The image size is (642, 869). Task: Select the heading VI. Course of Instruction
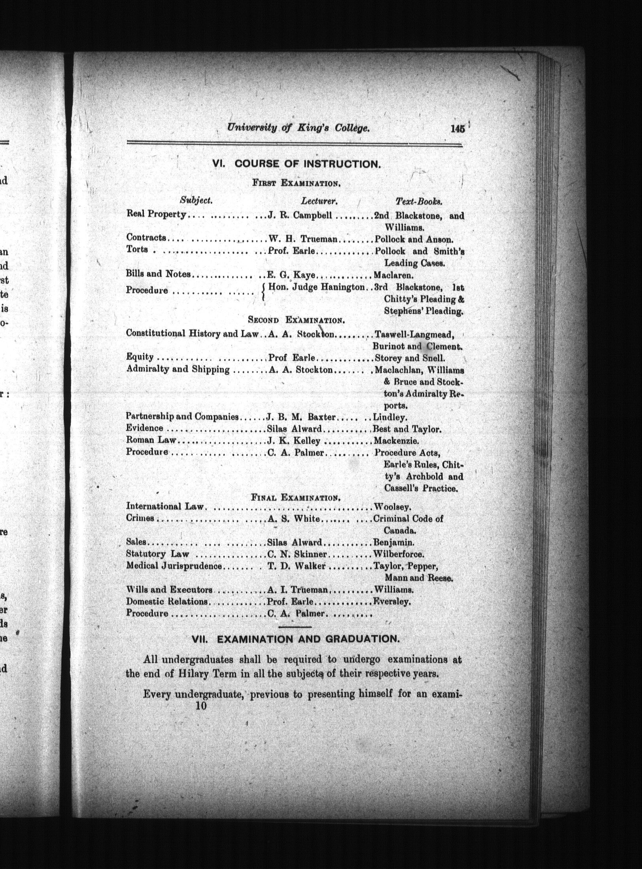pos(296,164)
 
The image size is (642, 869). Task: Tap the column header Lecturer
pos(319,201)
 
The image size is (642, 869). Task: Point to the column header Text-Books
pos(419,201)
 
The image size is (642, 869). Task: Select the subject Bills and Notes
pos(158,274)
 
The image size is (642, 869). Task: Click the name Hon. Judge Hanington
pos(316,288)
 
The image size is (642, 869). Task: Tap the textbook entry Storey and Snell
pos(410,358)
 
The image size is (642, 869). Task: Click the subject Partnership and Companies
pos(182,416)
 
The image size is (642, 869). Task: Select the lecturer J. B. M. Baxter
pos(301,417)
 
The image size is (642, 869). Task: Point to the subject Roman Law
pos(151,440)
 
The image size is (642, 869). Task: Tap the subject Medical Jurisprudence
pos(174,566)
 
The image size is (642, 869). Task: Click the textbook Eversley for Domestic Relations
pos(392,602)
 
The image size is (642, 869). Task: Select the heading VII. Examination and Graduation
pos(295,639)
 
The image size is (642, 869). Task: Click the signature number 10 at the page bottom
pos(201,705)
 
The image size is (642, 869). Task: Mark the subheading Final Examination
pos(296,497)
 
